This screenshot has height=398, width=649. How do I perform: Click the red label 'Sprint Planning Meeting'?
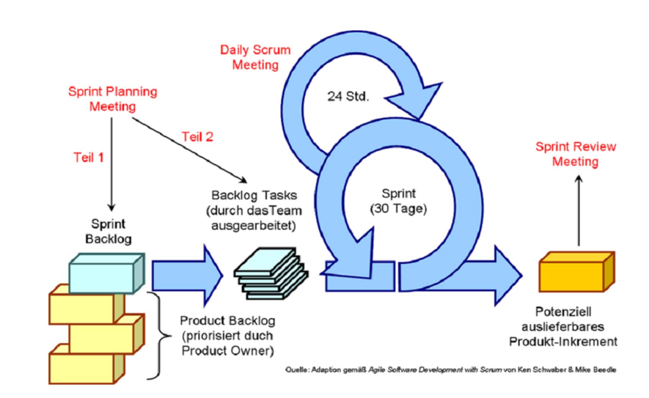point(111,98)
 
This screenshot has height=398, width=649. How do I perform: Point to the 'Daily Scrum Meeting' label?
point(255,57)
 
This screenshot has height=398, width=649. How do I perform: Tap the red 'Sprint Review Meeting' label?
point(576,153)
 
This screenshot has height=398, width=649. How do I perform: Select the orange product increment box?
point(576,272)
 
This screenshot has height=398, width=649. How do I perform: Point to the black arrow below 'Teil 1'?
point(111,161)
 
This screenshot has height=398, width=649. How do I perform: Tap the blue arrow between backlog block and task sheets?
point(186,273)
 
